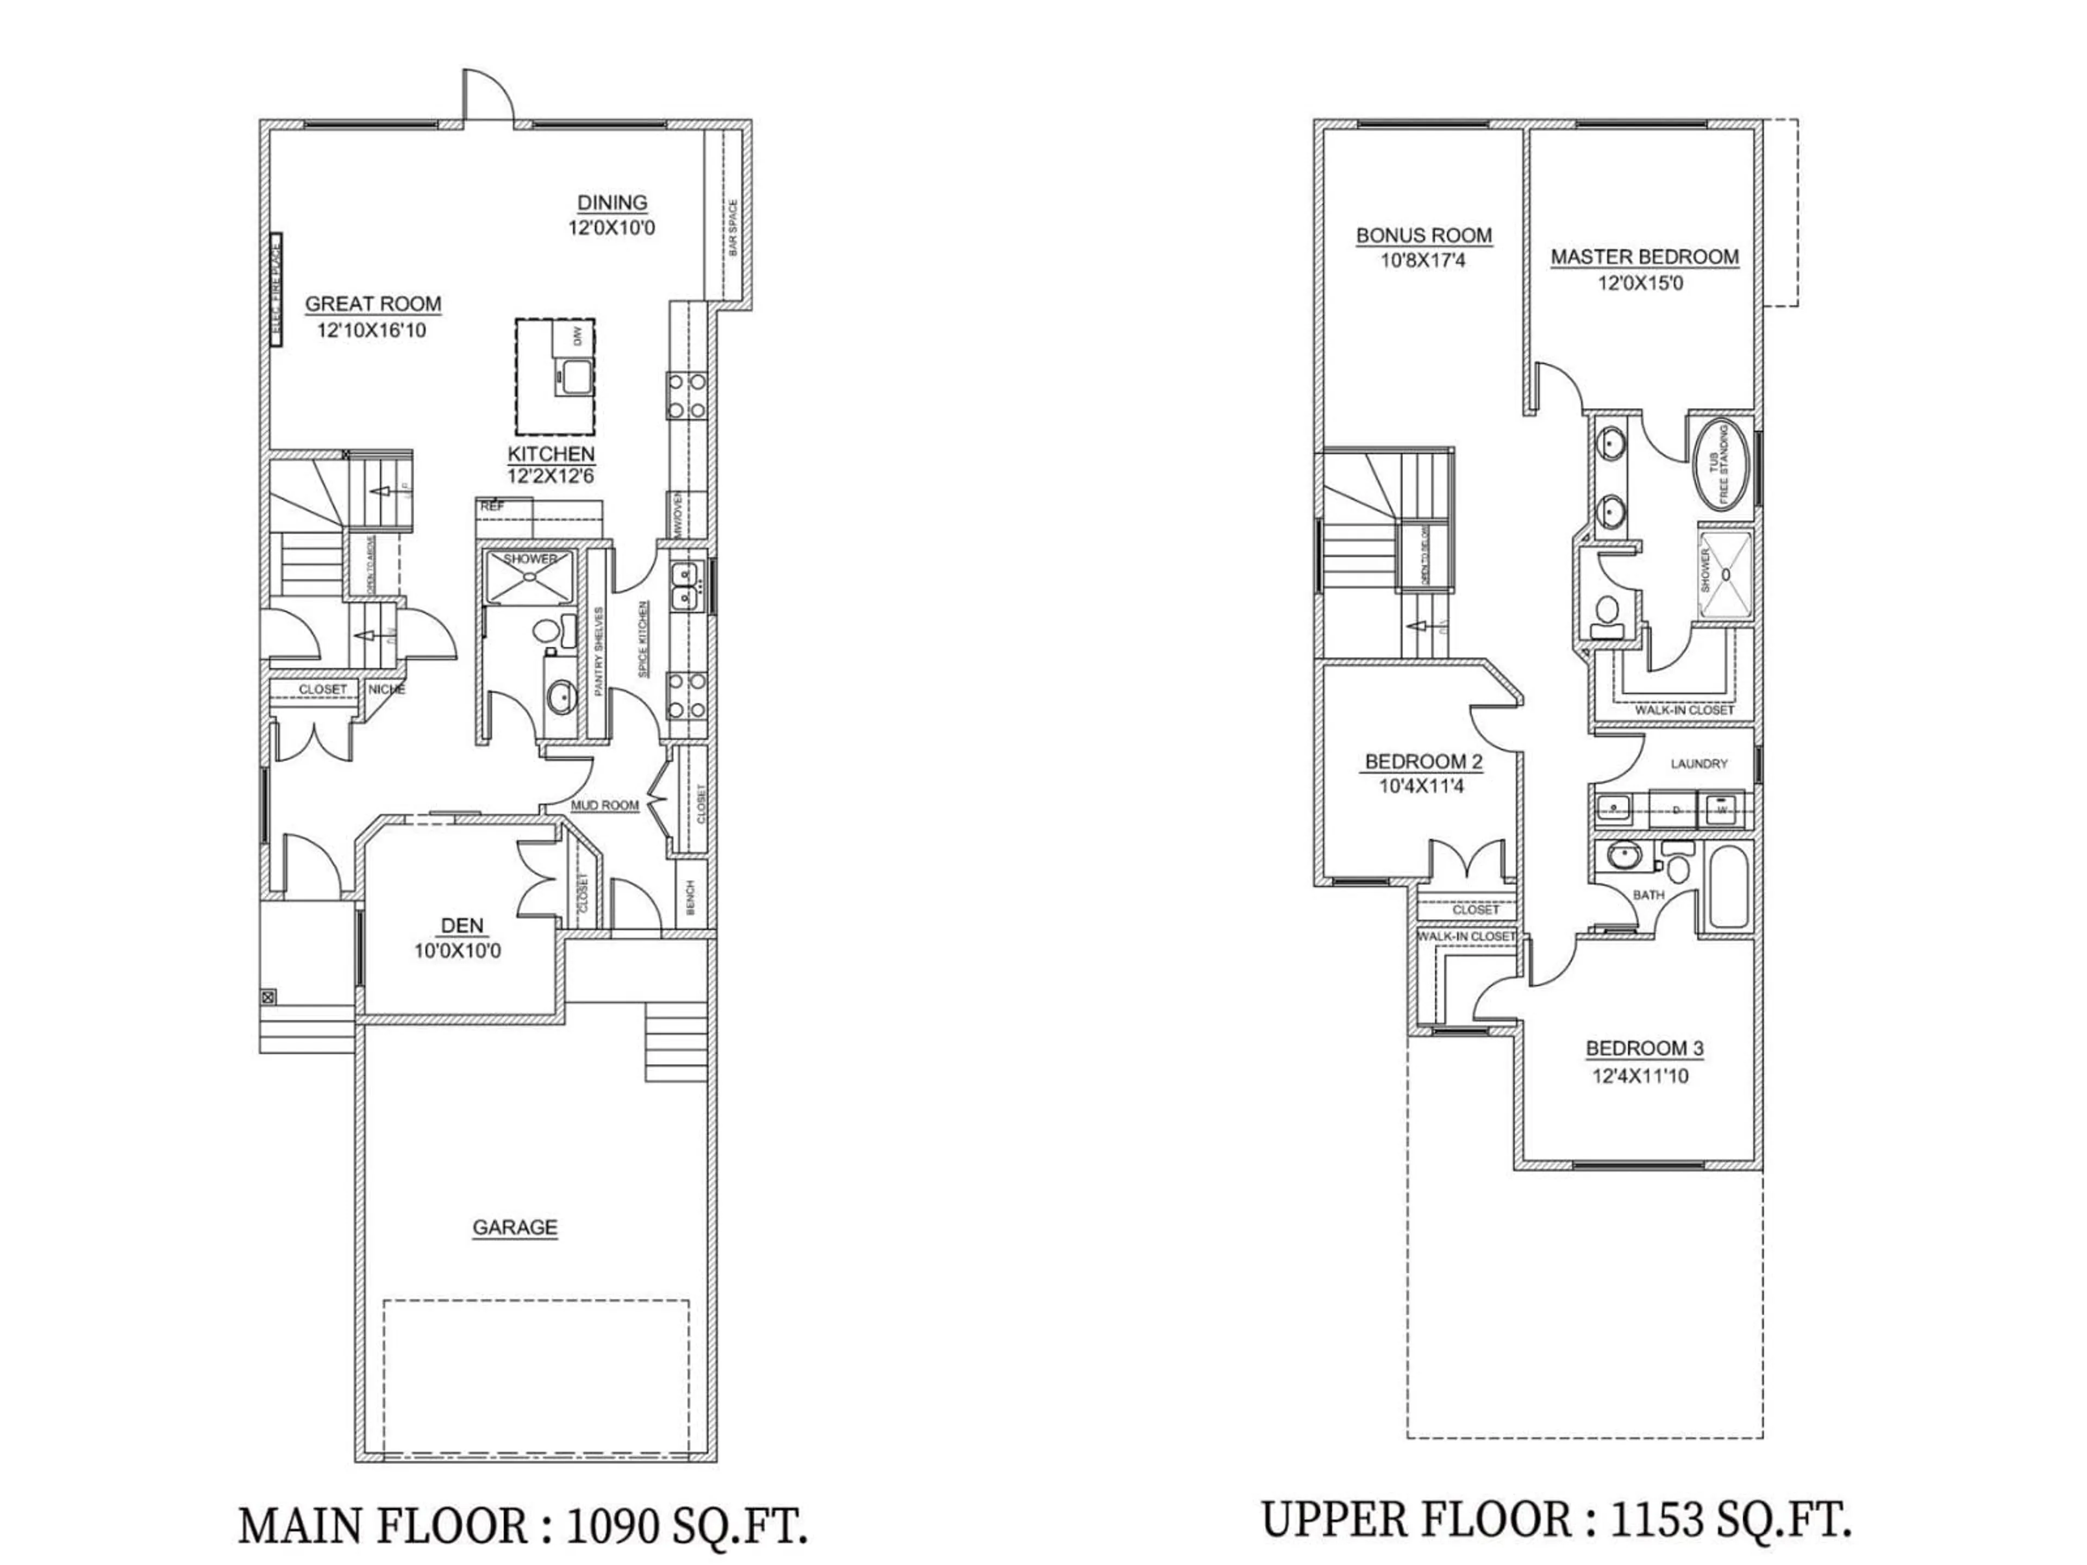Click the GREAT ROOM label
pyautogui.click(x=373, y=304)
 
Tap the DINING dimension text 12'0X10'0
pyautogui.click(x=611, y=227)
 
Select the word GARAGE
pyautogui.click(x=514, y=1228)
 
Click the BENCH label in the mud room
pyautogui.click(x=691, y=899)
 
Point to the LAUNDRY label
pyautogui.click(x=1698, y=763)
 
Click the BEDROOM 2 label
pyautogui.click(x=1424, y=761)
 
